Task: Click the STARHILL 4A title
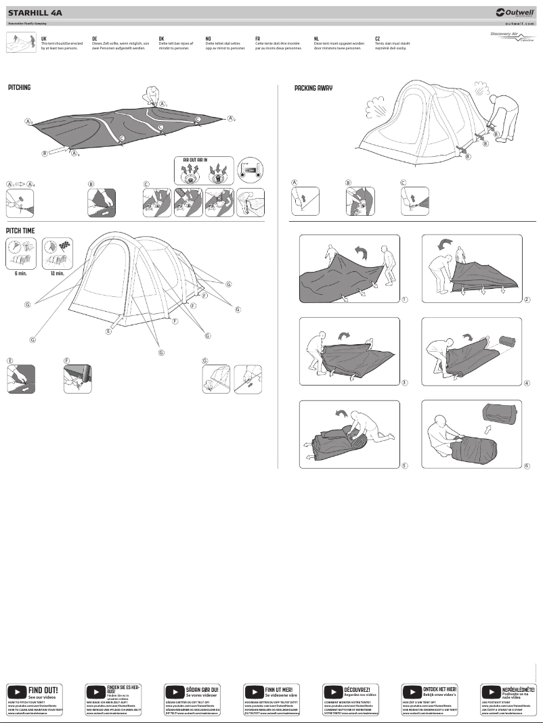pos(35,12)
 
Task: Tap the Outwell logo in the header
pos(514,12)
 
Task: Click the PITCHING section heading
pos(19,88)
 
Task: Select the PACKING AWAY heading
pos(313,89)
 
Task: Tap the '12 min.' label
pos(59,274)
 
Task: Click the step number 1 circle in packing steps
pos(404,299)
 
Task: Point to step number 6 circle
pos(527,465)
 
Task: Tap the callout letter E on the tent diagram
pos(108,331)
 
